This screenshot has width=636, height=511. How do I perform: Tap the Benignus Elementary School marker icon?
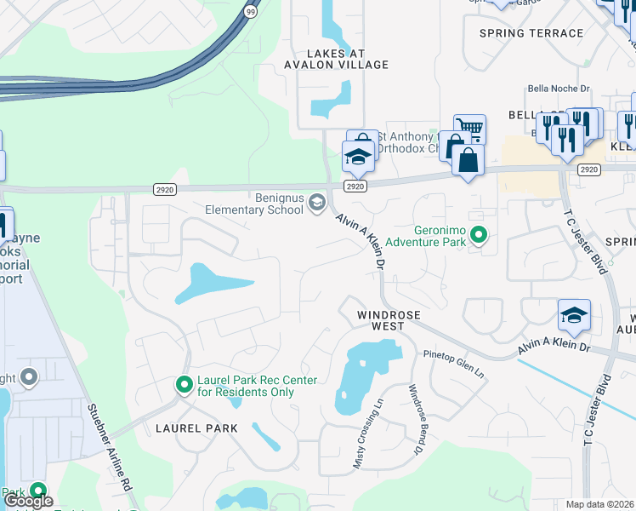pyautogui.click(x=317, y=201)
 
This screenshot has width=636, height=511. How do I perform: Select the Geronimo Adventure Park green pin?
pyautogui.click(x=479, y=234)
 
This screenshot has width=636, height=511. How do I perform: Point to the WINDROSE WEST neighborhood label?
pyautogui.click(x=389, y=320)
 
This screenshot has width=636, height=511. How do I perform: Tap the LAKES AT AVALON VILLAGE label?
pyautogui.click(x=340, y=57)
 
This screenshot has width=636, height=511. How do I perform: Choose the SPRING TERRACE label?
pyautogui.click(x=531, y=33)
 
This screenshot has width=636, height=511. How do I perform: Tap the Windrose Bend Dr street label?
pyautogui.click(x=416, y=418)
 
